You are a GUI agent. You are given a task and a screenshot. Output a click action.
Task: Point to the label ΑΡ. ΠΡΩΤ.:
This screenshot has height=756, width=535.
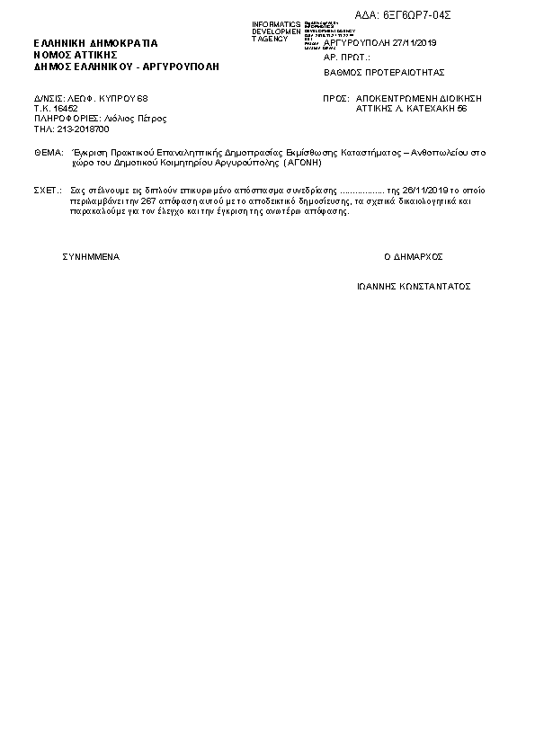tap(346, 57)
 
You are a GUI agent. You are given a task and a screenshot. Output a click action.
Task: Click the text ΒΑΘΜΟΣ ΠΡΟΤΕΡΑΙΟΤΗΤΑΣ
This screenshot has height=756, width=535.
tap(384, 72)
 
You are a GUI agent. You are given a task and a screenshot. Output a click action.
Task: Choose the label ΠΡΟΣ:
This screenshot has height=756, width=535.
tap(334, 96)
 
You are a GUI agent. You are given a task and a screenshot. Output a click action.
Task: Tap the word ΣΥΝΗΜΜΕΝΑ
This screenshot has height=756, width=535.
tap(91, 256)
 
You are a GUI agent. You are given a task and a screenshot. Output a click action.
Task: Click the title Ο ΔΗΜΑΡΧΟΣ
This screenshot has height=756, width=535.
tap(414, 256)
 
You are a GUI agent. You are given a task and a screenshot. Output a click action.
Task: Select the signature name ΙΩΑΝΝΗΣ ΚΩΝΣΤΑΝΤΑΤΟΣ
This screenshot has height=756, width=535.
tap(414, 287)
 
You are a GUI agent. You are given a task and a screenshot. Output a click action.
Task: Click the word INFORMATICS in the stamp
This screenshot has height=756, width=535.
tap(276, 23)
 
